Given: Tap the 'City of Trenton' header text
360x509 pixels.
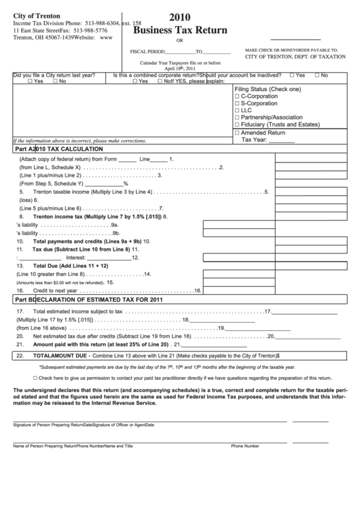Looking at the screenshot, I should pos(36,15).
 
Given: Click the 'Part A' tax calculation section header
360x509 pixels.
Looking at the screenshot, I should pos(58,149).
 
